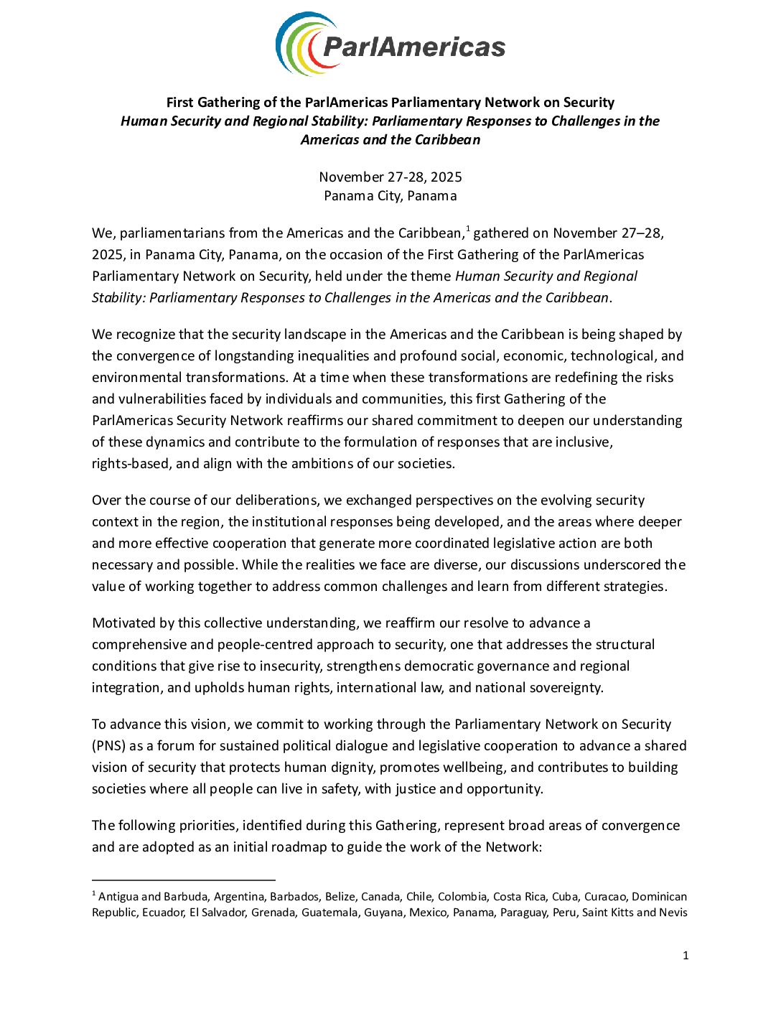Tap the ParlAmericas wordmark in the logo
414,47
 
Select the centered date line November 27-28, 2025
390,177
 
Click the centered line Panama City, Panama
390,195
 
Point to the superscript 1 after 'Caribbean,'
468,229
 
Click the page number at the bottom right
686,955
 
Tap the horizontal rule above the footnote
184,880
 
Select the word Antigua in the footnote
118,897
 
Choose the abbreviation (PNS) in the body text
108,745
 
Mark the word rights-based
131,463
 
